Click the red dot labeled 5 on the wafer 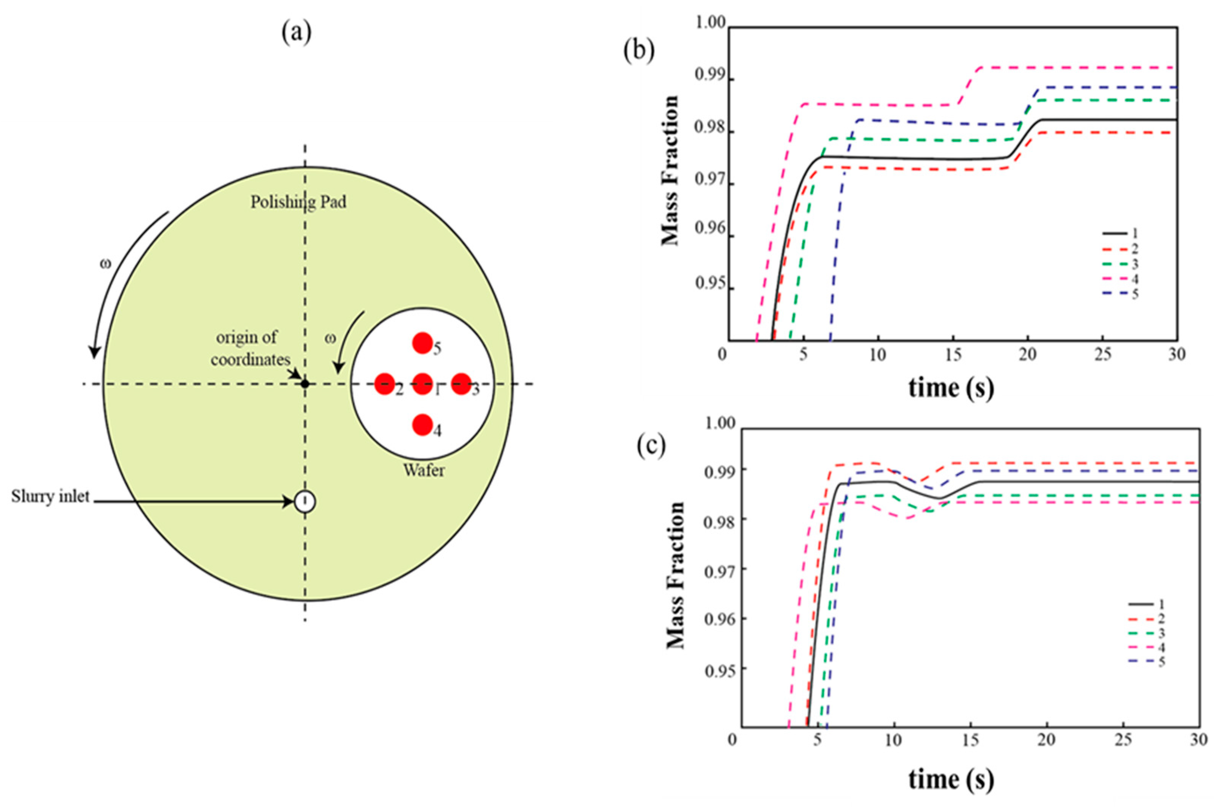click(x=422, y=343)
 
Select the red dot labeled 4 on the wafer click(x=423, y=425)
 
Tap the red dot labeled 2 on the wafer click(x=384, y=384)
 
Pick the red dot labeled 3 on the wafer click(x=461, y=383)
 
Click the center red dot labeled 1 click(x=423, y=383)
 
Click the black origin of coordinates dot click(x=305, y=383)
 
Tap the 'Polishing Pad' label click(x=298, y=202)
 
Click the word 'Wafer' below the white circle click(x=424, y=470)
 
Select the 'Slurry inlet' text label click(x=50, y=497)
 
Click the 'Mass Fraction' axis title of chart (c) click(x=675, y=575)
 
